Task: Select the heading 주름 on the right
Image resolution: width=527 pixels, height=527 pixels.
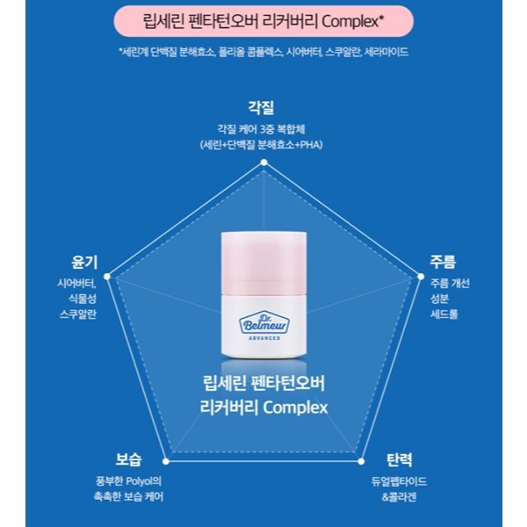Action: click(443, 262)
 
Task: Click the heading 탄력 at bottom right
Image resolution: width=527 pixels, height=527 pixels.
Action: click(398, 459)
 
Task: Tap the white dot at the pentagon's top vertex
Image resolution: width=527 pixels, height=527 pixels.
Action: click(263, 162)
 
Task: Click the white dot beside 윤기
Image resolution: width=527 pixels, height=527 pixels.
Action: click(107, 276)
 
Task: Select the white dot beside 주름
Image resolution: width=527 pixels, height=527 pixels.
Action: click(418, 276)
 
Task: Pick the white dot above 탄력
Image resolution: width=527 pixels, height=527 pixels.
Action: click(359, 459)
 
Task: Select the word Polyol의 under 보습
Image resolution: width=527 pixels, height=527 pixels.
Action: click(144, 480)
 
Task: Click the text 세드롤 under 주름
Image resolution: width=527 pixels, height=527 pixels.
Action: click(445, 314)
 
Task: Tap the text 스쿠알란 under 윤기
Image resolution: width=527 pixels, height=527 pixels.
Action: click(77, 314)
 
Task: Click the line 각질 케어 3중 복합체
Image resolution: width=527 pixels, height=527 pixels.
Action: click(262, 128)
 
